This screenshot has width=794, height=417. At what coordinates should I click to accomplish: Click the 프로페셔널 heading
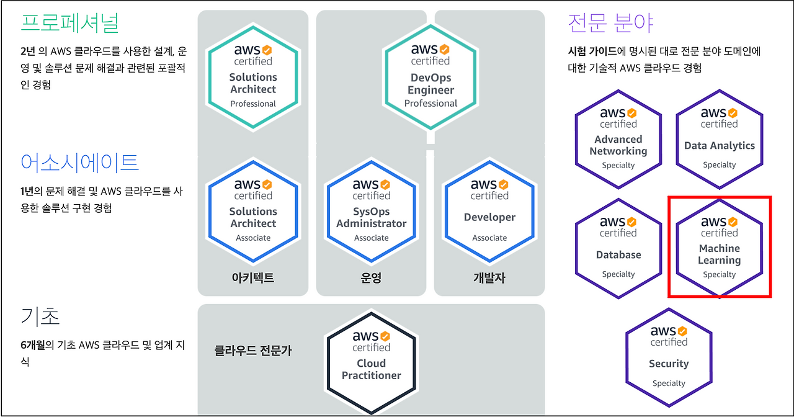point(70,24)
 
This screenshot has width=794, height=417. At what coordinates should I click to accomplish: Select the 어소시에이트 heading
point(79,163)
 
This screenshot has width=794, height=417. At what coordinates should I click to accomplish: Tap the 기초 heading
point(40,316)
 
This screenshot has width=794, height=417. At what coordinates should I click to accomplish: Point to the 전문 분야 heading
point(610,23)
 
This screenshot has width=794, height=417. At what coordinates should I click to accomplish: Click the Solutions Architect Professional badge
point(253,76)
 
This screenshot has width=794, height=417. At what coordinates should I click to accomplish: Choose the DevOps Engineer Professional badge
point(430,76)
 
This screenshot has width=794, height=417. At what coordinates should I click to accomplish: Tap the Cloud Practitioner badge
point(371,363)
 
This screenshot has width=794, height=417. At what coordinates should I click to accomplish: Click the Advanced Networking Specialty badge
point(618,139)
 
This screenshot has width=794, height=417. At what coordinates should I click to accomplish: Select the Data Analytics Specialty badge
point(719,139)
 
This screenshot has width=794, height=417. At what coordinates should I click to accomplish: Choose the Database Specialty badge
point(618,248)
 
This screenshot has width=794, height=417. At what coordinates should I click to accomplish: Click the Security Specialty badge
point(669,357)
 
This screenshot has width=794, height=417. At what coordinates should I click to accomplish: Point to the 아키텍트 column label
point(252,277)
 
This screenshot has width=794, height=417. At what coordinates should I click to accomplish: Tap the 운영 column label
point(371,277)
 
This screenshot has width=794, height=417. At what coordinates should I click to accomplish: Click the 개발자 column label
point(489,277)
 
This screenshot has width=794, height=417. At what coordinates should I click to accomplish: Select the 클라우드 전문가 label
point(252,351)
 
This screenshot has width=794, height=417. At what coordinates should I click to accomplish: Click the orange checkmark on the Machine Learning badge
point(733,222)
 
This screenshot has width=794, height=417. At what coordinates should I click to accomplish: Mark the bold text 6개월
point(33,345)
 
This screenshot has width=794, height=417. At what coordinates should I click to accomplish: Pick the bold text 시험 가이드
point(592,52)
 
